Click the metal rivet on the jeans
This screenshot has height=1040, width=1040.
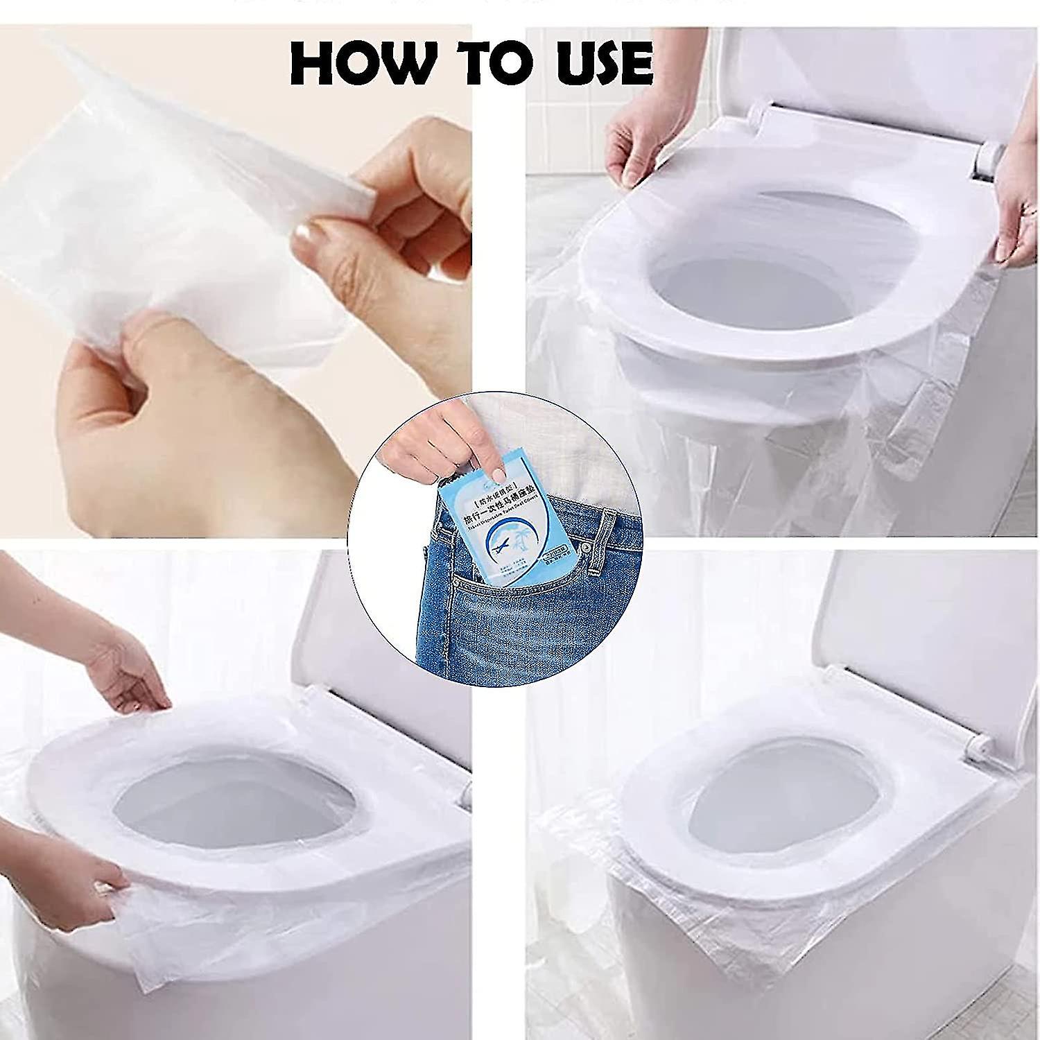[586, 548]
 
